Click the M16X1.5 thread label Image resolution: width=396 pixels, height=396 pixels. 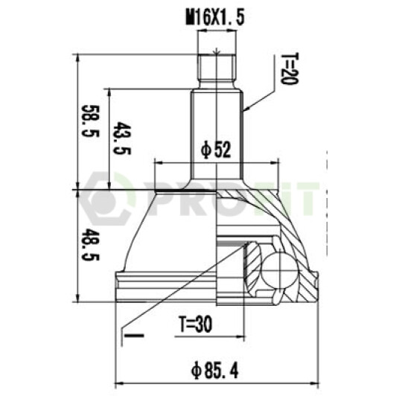tap(215, 18)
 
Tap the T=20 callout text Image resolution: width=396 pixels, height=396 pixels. tap(290, 68)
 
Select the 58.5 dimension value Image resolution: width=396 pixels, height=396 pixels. tap(90, 121)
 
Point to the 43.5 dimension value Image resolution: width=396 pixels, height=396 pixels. tap(122, 138)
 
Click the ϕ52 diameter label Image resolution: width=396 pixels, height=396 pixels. tap(216, 150)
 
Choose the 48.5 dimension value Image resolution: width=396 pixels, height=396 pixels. tap(90, 244)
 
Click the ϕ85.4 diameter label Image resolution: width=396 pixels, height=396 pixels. tap(214, 371)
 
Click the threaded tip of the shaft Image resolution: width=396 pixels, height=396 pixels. tap(217, 68)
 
